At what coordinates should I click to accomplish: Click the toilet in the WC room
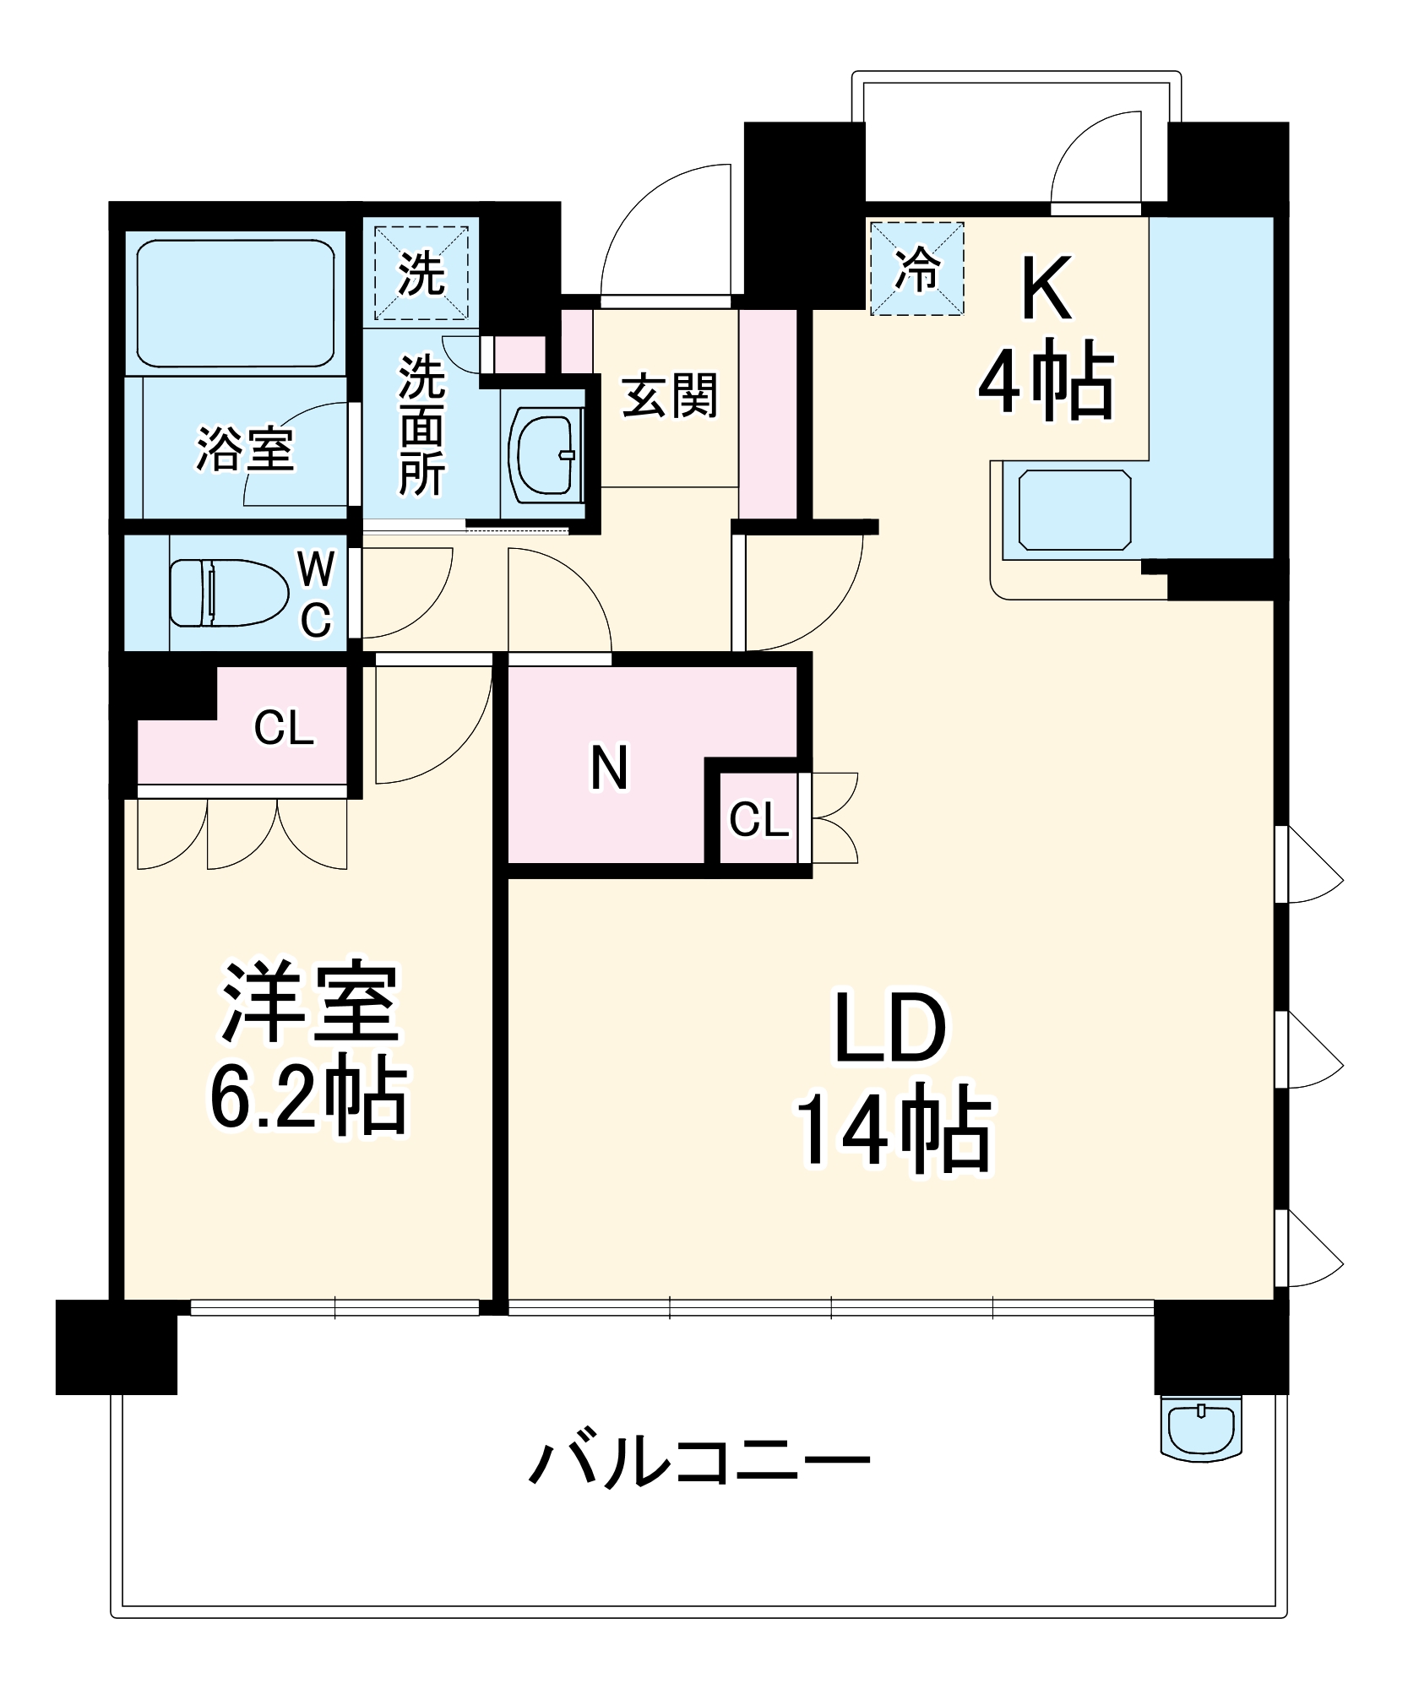tap(228, 593)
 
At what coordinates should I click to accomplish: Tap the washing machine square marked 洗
tap(421, 273)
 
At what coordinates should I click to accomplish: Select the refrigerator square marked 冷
tap(916, 269)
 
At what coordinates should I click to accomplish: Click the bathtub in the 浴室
tap(236, 303)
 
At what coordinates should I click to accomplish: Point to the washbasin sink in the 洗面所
tap(545, 453)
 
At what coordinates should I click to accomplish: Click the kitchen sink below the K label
tap(1074, 510)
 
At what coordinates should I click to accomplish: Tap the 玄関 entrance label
tap(669, 395)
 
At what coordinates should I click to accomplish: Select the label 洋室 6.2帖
tap(308, 1047)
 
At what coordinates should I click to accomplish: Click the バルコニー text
tap(699, 1463)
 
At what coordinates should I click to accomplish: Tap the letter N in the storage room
tap(609, 767)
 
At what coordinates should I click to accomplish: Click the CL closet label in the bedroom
tap(284, 727)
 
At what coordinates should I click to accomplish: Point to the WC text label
tap(316, 595)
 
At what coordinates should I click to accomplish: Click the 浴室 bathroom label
tap(245, 448)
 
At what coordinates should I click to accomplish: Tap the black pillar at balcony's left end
tap(117, 1346)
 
